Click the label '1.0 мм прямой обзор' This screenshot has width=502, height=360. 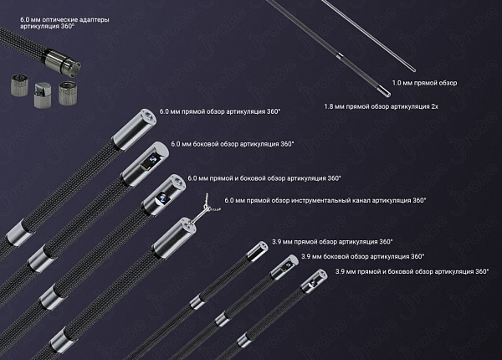424,83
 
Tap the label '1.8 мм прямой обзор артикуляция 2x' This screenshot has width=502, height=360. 381,106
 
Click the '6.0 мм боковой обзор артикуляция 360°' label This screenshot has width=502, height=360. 232,144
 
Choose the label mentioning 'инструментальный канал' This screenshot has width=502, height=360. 325,200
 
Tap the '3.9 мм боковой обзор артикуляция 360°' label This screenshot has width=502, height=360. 363,256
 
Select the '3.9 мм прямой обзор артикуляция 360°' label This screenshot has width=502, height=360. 332,241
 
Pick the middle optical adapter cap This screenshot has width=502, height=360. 43,95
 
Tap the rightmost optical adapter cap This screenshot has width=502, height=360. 67,93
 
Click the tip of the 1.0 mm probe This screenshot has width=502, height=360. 414,69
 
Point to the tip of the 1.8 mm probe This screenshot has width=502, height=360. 388,95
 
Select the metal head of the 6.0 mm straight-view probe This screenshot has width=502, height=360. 134,129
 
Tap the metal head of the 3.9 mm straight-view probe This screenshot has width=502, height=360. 257,250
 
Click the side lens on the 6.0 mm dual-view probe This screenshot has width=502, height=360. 162,198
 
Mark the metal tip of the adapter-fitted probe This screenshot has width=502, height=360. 63,63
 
